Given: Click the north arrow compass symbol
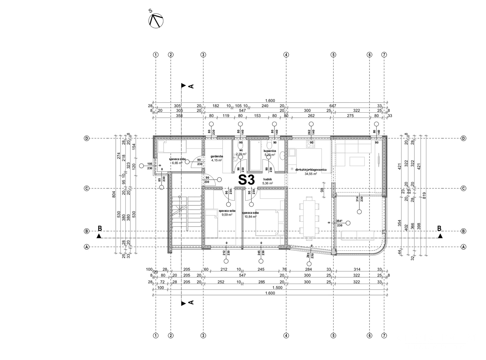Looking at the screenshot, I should coord(155,21).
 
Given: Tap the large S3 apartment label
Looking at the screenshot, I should coord(247,180).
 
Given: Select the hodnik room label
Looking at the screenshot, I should coord(268,179).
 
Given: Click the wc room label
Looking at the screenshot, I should coord(240,150).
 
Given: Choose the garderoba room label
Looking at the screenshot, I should coord(216,156).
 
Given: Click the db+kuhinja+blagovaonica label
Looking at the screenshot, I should coord(311,170).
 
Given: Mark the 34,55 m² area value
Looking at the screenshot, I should coord(311,174).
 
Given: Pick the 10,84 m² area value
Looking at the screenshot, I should coord(251,217).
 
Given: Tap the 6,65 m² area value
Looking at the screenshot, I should coord(177,163).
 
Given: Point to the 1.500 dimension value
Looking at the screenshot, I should coord(278,287).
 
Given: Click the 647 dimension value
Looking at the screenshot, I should coord(333,106).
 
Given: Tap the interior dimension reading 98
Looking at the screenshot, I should coord(322,190).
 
